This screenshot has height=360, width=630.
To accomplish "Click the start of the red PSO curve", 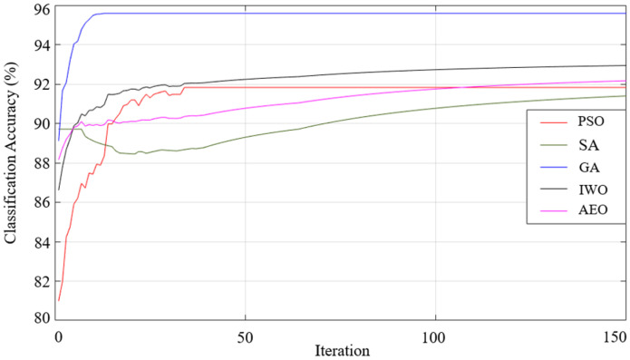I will [x=59, y=299].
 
